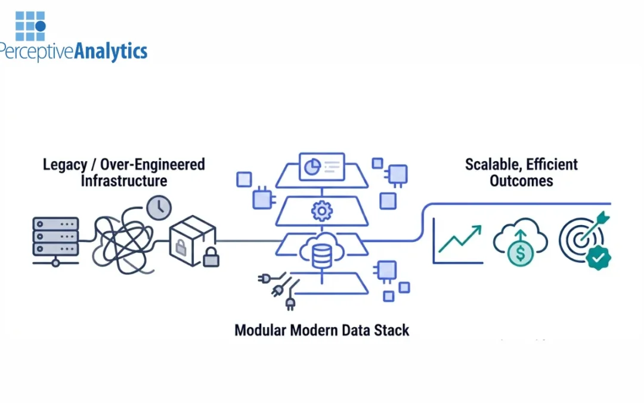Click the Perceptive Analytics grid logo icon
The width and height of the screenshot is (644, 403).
pos(30,25)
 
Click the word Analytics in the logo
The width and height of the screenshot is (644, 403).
pos(110,51)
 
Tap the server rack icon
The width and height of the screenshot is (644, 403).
pos(55,240)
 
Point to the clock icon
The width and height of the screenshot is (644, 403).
pos(159,208)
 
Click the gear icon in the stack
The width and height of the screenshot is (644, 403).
pos(321,211)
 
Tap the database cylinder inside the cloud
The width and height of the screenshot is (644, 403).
pos(321,255)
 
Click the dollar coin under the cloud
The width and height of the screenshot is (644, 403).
pos(521,253)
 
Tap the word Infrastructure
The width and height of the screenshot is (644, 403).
pos(124,180)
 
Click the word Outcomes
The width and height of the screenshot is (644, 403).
pos(521,180)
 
